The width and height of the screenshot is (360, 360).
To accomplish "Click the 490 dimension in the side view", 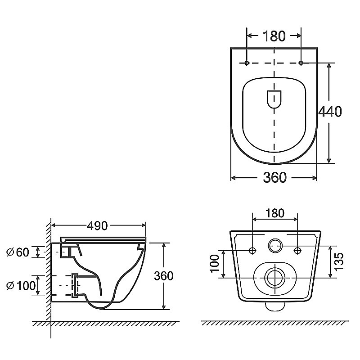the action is pos(97,226).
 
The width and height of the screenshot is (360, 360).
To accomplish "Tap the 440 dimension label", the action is pos(330,112).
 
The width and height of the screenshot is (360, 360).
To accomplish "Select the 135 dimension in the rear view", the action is pos(339,261).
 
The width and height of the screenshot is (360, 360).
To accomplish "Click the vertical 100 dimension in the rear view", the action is pos(215,263).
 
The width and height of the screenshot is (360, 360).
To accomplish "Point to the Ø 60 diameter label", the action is pos(18,252).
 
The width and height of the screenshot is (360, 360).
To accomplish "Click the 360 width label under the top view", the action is pos(274,177).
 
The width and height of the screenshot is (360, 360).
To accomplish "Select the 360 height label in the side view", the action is pos(163,276).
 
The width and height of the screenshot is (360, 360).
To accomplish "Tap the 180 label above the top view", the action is pos(274,36).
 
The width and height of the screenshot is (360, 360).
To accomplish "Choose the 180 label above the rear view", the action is pos(275,213).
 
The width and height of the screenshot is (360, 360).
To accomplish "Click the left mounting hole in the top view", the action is pos(247,63).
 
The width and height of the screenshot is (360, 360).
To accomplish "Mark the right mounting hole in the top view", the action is pos(301,63).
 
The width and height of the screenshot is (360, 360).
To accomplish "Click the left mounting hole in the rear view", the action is pos(252,251).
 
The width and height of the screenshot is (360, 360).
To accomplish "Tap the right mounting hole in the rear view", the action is pos(297,251).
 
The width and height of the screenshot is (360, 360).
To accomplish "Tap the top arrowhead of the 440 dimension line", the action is pos(329,65).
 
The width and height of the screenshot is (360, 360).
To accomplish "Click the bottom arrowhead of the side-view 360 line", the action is pos(164,307).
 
